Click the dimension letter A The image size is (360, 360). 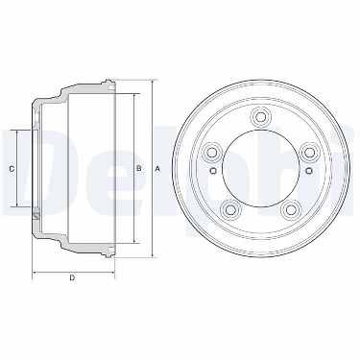coord(157,169)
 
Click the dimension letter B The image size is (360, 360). coord(139,168)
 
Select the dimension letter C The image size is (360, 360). coord(12,169)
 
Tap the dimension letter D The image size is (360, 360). coord(72,277)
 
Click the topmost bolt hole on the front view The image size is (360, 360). coord(260,117)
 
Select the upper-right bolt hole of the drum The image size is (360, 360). coord(307,151)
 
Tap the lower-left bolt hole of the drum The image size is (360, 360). coord(230,209)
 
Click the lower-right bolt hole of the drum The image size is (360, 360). coord(289,209)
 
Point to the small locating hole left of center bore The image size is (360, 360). coord(213,170)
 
